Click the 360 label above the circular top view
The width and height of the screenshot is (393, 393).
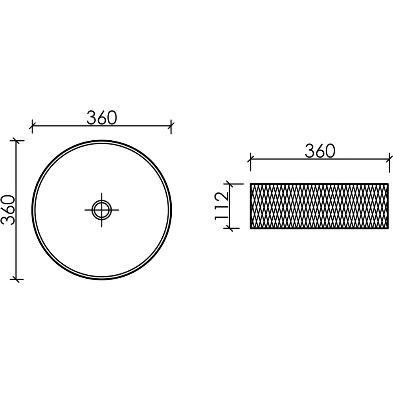coord(102,118)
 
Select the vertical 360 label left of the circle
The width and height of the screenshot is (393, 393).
coord(8,210)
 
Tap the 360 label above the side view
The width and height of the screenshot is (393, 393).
coord(320,151)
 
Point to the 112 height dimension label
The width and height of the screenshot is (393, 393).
coord(222,206)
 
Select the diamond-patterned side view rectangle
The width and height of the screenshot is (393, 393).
coord(319,206)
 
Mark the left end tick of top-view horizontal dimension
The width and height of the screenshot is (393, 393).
coord(32,125)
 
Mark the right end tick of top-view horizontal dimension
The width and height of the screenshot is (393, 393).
coord(171,125)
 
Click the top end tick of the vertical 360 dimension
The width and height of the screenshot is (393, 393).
coord(17,141)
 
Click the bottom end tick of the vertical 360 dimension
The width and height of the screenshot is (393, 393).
coord(17,279)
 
